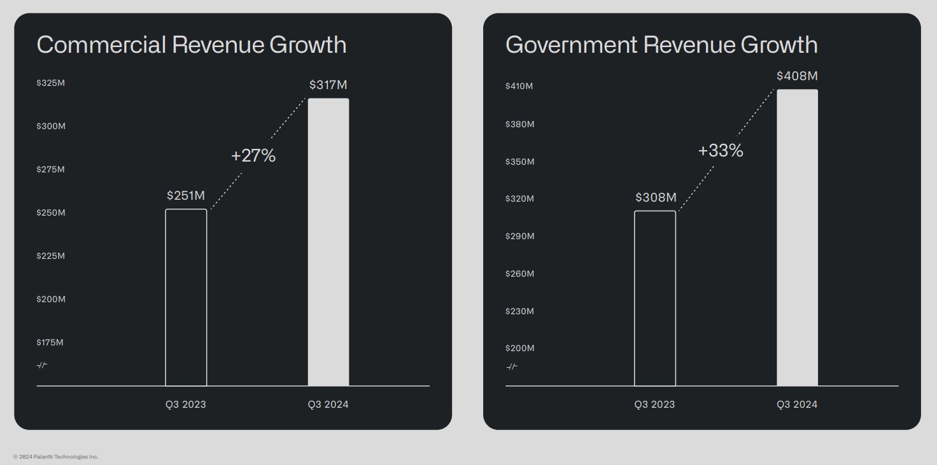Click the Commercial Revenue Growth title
[x=192, y=45]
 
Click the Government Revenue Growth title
[x=661, y=45]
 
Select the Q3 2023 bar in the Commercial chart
[x=186, y=298]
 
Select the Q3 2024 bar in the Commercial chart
[x=328, y=242]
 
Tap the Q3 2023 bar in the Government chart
[x=655, y=298]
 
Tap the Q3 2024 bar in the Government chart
[x=797, y=238]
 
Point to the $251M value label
[x=186, y=195]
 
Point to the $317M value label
[x=328, y=85]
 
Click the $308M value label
[x=656, y=197]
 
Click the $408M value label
[x=797, y=76]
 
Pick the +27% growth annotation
[x=253, y=156]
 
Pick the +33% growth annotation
[x=721, y=151]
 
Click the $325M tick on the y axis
[x=51, y=83]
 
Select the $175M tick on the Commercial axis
[x=50, y=342]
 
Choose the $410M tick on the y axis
[x=519, y=86]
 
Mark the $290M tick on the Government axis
[x=520, y=236]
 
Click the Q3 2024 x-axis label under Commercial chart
[x=328, y=405]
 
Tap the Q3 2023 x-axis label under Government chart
[x=654, y=405]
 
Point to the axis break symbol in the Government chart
[x=512, y=366]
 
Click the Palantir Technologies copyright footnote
[x=56, y=457]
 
